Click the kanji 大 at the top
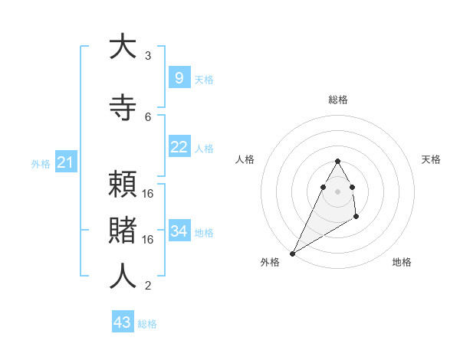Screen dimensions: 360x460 123,47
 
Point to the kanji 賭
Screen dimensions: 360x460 123,230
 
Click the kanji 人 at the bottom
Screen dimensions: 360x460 123,277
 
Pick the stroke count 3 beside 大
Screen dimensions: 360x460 148,56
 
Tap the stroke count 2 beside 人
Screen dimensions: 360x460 148,286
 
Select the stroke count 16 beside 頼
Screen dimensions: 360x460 148,194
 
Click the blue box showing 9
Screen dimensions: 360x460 179,78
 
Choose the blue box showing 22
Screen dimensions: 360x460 179,147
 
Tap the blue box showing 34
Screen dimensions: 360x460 179,231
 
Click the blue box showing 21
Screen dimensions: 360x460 65,162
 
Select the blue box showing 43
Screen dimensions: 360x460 122,322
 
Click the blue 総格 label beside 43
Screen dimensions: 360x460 147,324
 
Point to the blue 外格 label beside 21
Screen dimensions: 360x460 41,163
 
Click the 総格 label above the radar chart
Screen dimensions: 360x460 337,100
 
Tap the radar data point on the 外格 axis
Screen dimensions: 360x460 292,253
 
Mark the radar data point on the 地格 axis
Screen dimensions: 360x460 356,218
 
